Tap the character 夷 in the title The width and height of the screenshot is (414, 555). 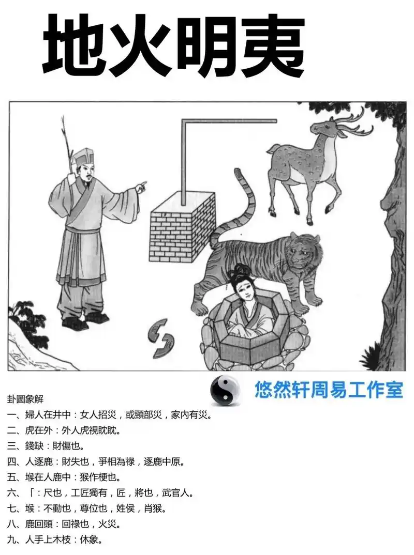pos(271,45)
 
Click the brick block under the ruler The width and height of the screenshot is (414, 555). pos(181,233)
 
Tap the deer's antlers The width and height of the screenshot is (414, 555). pos(354,124)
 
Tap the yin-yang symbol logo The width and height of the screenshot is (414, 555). pos(225,390)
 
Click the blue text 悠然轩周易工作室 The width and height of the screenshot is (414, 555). pos(328,390)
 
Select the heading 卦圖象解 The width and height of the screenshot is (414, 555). pos(25,399)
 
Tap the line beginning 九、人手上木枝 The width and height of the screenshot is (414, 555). pos(54,539)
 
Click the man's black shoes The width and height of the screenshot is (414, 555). pos(85,320)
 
